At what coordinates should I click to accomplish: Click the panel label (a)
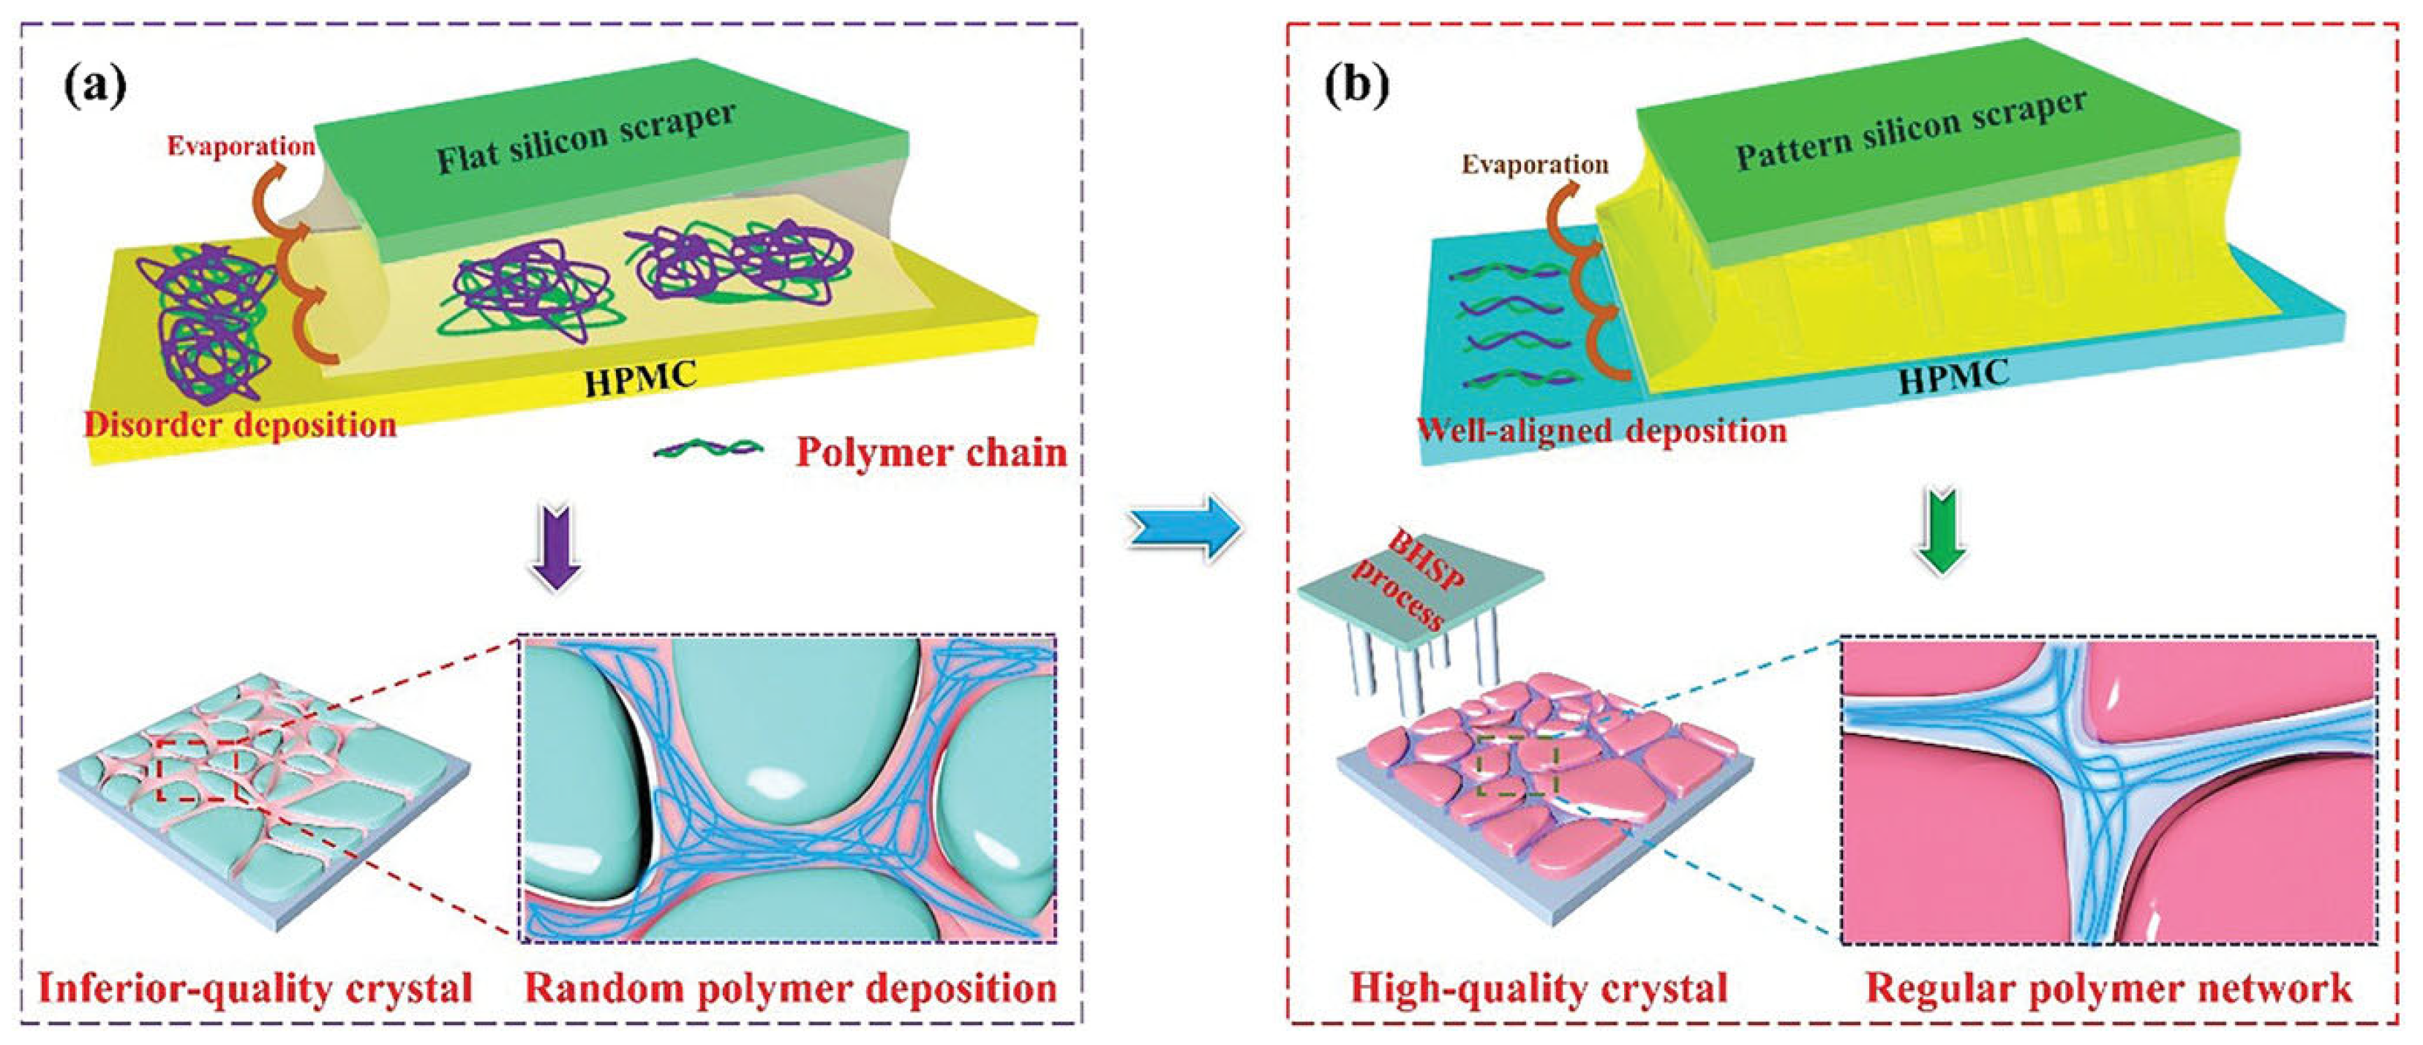[x=95, y=88]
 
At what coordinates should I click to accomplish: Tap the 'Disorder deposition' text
[x=241, y=425]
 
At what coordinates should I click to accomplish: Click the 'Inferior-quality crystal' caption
[x=255, y=989]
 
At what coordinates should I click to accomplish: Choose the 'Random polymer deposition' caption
[x=790, y=989]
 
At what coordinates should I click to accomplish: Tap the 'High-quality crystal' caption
[x=1539, y=989]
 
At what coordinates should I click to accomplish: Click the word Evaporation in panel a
[x=241, y=146]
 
